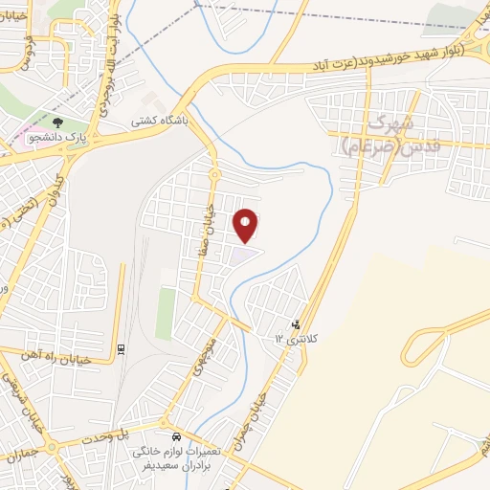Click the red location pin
click(x=247, y=224)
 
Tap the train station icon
click(x=121, y=348)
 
